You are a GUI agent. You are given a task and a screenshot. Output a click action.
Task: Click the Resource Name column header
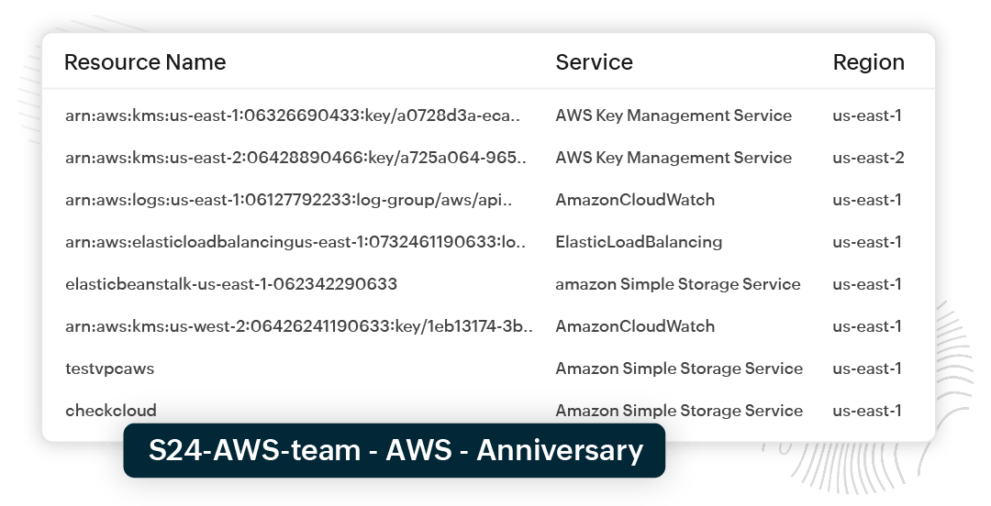tap(145, 62)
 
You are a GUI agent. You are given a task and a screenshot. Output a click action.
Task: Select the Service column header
tap(594, 62)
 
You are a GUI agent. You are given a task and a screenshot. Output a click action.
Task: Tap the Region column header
tap(868, 62)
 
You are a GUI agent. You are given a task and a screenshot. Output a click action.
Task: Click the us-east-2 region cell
tap(868, 158)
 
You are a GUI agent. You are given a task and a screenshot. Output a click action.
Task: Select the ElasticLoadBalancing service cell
tap(639, 242)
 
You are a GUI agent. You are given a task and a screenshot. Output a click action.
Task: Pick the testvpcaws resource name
tap(109, 368)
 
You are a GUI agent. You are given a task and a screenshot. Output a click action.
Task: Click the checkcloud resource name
tap(111, 411)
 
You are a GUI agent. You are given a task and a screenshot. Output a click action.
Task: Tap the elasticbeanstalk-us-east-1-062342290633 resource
tap(231, 284)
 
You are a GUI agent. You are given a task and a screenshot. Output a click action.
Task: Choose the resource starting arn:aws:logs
tap(289, 200)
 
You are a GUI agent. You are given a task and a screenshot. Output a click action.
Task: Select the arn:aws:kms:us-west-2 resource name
tap(299, 326)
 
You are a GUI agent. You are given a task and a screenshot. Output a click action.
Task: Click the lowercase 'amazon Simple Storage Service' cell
tap(678, 284)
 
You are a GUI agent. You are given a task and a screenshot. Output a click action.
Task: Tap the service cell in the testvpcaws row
tap(679, 368)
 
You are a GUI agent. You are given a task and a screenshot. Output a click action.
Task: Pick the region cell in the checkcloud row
tap(867, 411)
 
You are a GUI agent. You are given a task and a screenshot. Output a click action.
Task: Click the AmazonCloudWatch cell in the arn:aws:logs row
tap(635, 200)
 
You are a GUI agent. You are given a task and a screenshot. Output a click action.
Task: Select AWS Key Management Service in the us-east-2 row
tap(674, 158)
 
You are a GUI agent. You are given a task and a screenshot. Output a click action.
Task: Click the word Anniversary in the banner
tap(560, 451)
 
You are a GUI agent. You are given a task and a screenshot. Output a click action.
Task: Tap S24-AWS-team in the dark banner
tap(252, 451)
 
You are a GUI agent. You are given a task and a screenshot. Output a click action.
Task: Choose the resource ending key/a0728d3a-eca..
tap(294, 115)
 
